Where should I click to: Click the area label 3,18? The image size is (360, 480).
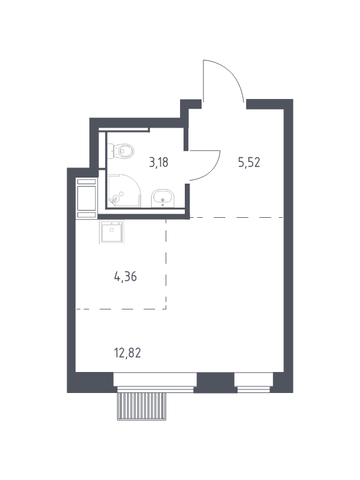tap(158, 163)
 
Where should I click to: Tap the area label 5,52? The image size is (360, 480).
tap(249, 163)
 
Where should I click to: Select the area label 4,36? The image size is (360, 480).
tap(125, 277)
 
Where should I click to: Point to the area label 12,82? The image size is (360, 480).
tap(127, 353)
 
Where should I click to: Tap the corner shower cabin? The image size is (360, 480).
tap(124, 191)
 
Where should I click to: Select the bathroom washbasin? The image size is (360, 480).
tap(163, 199)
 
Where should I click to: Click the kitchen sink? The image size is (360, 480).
tap(112, 232)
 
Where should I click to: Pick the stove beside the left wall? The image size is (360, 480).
tap(86, 199)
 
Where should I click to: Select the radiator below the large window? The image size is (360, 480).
tap(142, 407)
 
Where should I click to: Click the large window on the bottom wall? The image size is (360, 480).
tap(155, 380)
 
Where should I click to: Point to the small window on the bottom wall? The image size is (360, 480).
tap(254, 380)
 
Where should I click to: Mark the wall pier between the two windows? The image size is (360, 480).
tap(215, 383)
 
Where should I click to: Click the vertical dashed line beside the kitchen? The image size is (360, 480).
tap(166, 264)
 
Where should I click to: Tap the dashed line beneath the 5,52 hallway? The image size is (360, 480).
tap(236, 218)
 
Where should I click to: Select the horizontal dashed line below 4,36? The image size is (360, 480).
tap(121, 309)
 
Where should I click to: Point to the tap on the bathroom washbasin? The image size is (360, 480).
tap(163, 200)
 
